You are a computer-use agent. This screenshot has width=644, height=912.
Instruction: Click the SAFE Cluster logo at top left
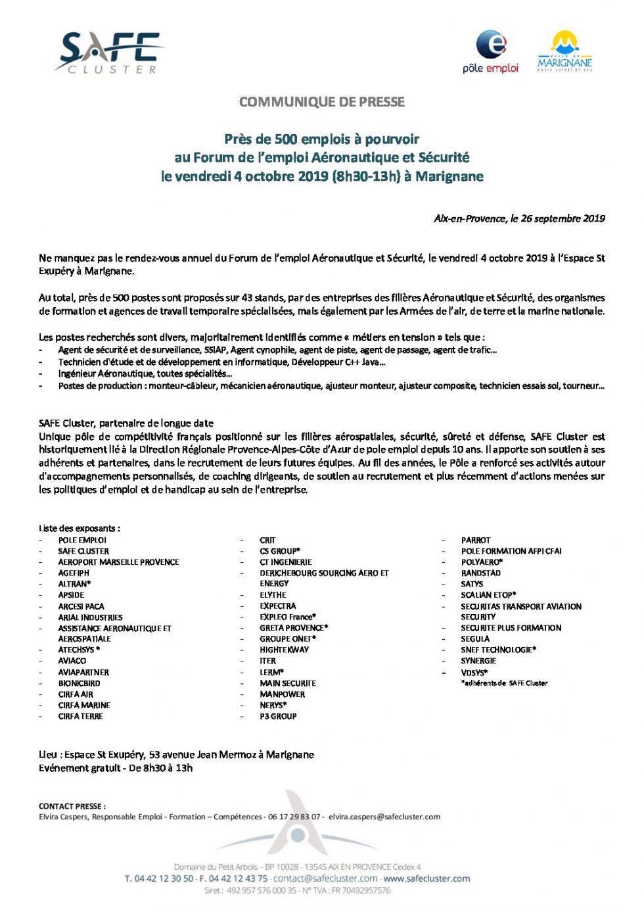pos(109,53)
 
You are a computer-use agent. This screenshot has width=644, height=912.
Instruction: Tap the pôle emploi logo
pos(491,51)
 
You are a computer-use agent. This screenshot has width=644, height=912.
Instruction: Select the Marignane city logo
pos(564,51)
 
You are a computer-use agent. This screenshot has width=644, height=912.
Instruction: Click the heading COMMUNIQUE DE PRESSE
pos(322,102)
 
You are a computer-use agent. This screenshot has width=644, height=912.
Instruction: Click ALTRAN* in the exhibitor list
pos(74,584)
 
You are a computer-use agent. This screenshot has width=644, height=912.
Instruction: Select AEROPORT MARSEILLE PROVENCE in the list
pos(118,562)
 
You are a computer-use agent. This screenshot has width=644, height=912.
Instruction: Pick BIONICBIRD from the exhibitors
pos(79,683)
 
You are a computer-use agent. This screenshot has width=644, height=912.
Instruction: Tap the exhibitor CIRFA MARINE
pos(84,705)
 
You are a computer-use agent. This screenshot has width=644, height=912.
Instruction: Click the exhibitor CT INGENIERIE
pos(285,562)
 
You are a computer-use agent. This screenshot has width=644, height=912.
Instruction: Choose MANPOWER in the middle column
pos(282,694)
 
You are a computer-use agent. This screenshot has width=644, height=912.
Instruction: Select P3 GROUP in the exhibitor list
pos(278,716)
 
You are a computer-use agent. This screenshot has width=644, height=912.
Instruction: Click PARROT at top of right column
pos(476,540)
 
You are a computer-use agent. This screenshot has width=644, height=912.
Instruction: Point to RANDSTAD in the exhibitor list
pos(480,573)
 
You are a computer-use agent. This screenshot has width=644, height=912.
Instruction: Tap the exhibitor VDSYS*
pos(474,673)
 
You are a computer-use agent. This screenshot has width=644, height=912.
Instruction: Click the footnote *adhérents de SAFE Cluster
pos(504,683)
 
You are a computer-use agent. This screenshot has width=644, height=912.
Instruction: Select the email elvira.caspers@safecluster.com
pos(384,817)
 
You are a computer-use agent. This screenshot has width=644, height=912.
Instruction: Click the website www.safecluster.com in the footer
pos(426,878)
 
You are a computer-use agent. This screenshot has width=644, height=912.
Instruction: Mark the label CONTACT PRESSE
pos(72,806)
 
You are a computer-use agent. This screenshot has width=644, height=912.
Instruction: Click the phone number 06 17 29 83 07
pos(294,817)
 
